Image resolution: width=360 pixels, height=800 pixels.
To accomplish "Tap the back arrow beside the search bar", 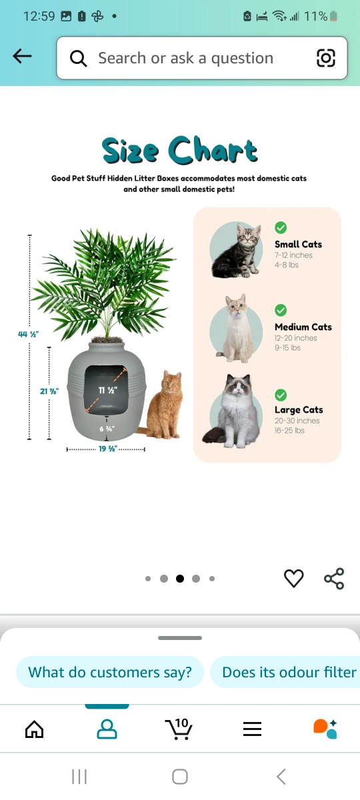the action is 22,57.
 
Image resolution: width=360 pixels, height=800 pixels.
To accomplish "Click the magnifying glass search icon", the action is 78,58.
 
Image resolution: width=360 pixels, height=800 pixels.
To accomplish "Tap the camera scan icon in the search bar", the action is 326,58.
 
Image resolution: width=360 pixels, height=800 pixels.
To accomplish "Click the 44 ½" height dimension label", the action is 28,334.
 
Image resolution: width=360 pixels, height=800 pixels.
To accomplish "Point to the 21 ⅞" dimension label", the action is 49,391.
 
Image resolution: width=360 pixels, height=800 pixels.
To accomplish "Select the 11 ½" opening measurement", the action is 108,391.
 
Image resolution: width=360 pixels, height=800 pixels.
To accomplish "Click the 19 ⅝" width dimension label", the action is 108,449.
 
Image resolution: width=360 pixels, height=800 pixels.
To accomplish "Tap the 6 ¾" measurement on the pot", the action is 107,429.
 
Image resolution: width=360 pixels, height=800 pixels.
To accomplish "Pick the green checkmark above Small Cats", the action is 281,227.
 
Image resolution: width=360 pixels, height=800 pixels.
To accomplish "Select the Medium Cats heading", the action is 303,327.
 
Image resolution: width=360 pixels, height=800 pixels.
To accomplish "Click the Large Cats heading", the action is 299,409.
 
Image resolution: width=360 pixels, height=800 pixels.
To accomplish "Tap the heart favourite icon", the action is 293,578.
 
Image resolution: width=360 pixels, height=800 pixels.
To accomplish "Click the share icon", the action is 334,578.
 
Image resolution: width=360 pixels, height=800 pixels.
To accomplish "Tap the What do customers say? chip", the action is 110,672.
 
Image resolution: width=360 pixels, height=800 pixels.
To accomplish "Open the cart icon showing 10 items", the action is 179,729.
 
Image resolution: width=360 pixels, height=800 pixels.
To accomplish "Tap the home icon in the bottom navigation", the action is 34,729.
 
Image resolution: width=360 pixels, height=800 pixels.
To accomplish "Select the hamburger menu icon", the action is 252,729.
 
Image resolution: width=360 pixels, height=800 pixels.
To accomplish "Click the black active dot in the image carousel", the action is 180,579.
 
